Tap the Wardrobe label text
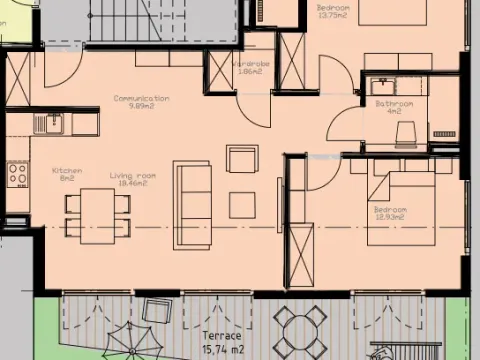point(247,69)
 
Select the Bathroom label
point(394,107)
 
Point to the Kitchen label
point(66,175)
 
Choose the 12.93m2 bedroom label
point(389,214)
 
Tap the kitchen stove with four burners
point(18,176)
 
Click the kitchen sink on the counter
point(49,123)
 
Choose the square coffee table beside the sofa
point(243,205)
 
